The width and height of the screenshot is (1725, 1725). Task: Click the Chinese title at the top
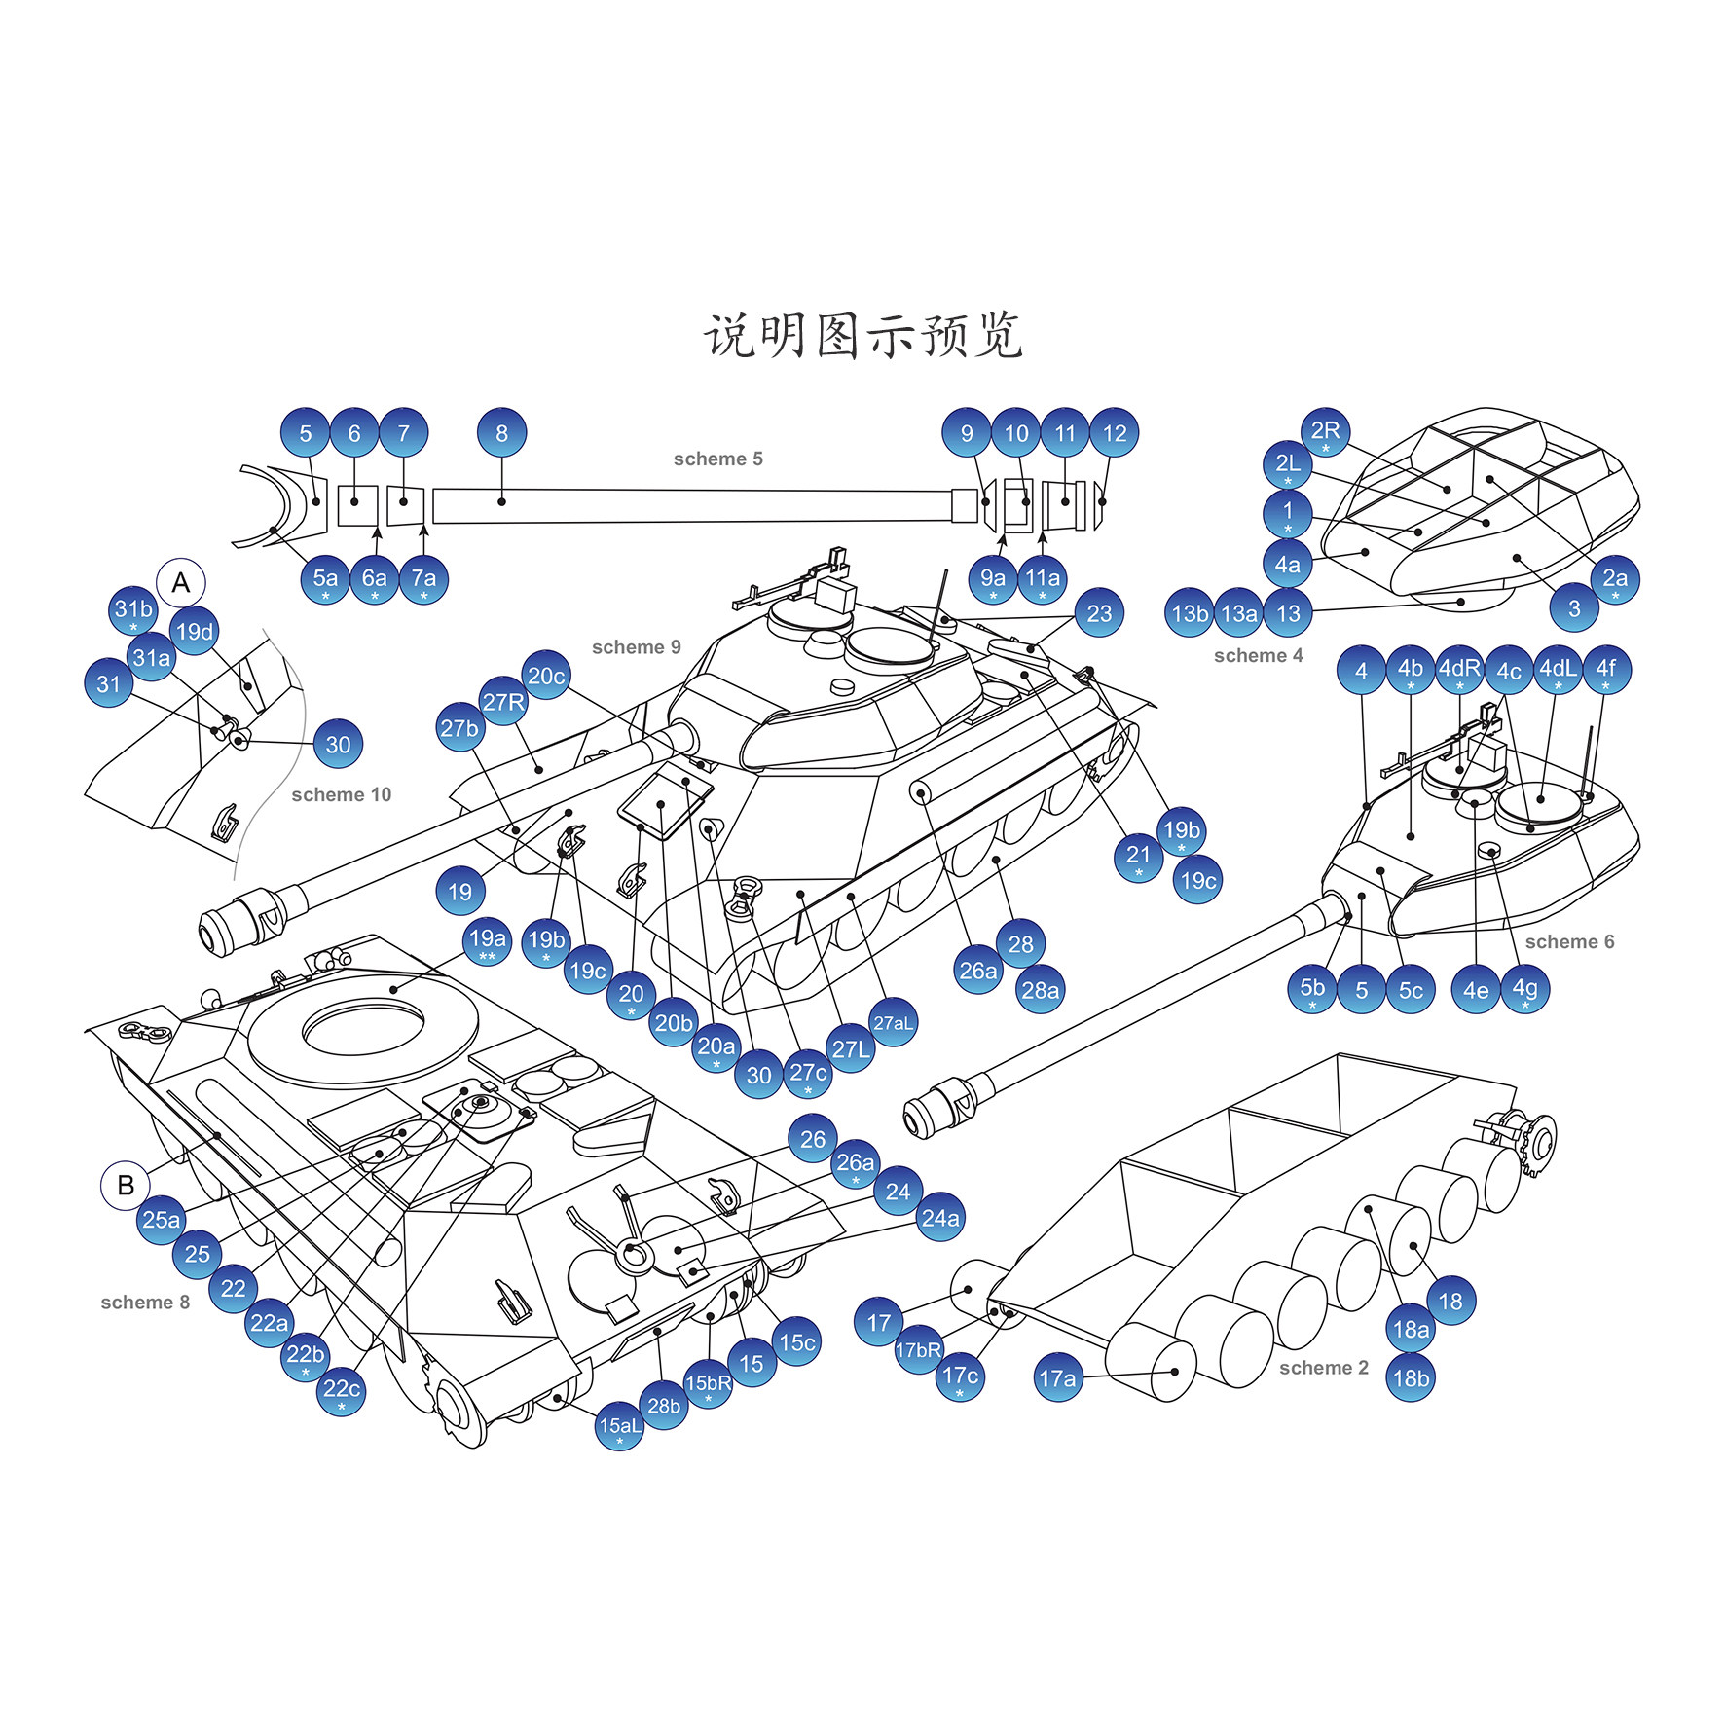862,337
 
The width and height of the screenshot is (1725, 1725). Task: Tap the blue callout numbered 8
501,433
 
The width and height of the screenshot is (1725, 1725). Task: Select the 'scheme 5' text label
717,459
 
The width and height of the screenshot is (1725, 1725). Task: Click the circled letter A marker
181,583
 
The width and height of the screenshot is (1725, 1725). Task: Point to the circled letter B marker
126,1186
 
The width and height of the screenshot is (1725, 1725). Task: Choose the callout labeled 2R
1325,432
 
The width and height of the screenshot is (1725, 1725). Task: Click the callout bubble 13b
1190,613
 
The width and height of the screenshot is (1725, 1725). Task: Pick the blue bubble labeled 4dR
1459,669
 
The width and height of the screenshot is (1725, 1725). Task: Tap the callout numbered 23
1099,613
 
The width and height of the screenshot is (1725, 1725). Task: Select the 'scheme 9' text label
636,647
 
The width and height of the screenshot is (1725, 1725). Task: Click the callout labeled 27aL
893,1022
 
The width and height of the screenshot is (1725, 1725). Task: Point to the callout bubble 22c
341,1390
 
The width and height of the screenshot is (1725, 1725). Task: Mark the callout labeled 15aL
620,1426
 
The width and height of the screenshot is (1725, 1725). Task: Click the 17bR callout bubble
918,1350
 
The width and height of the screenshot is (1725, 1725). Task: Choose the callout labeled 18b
1411,1378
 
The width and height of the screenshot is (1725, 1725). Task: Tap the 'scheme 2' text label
1323,1368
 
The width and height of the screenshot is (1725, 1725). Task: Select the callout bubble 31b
133,610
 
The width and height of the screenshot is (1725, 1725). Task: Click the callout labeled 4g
1524,989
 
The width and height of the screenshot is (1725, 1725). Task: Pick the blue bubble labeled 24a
940,1218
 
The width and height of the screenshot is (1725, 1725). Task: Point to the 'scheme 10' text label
341,794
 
